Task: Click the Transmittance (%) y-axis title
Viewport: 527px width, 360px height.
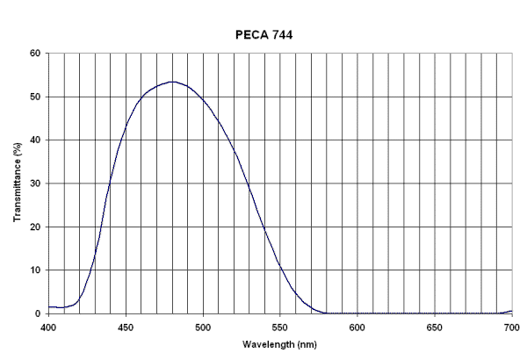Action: coord(18,182)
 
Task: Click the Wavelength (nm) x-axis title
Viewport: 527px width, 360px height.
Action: coord(280,344)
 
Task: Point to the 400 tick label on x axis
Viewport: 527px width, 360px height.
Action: coord(49,326)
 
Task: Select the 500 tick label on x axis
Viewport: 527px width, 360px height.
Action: coord(203,326)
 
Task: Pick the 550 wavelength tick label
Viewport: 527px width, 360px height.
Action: coord(280,326)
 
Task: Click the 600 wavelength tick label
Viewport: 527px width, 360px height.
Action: coord(357,326)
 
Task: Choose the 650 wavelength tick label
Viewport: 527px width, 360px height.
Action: coord(435,326)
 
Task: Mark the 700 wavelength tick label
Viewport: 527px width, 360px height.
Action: coord(511,326)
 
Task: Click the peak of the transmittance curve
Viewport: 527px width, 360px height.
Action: coord(172,82)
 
